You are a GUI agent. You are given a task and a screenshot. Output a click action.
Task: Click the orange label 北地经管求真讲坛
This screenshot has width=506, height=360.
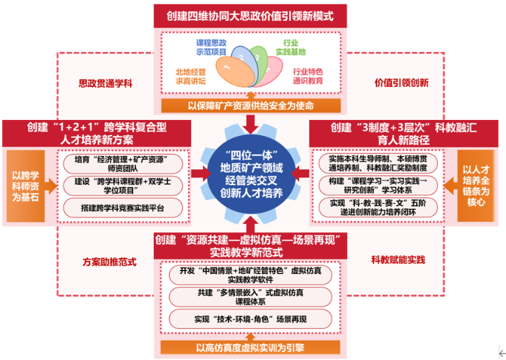click(192, 76)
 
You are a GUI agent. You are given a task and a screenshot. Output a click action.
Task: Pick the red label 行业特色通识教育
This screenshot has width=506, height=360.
click(308, 76)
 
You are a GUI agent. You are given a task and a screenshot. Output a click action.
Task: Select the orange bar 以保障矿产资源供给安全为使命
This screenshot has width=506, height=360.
click(252, 106)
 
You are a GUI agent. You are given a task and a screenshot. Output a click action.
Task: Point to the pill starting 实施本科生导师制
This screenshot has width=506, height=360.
click(381, 163)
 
